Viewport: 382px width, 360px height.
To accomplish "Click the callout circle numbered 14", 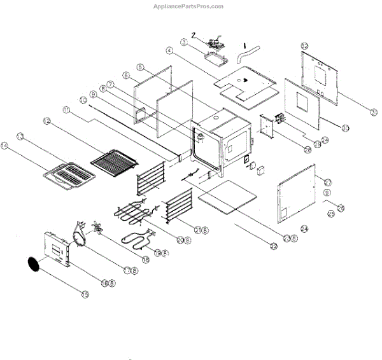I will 5,146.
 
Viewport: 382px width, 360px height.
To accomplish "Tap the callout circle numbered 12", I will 46,121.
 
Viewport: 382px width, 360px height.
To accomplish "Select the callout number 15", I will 85,294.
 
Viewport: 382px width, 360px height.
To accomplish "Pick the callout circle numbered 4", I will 169,50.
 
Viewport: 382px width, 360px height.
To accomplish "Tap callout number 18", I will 145,260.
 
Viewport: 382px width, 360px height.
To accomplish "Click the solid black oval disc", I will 34,265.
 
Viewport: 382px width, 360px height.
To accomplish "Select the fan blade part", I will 97,227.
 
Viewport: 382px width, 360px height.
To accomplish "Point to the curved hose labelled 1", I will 243,53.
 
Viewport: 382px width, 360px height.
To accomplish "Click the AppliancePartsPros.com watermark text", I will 188,6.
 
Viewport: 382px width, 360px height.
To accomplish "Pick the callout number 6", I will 126,75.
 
